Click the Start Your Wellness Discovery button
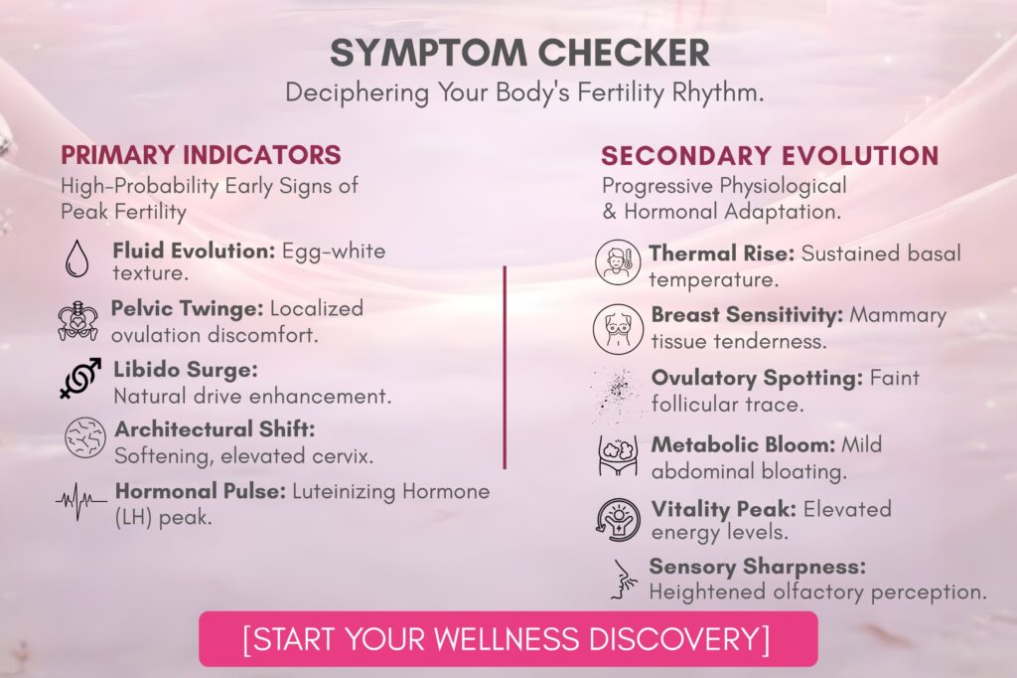point(508,639)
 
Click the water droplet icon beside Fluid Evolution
point(77,258)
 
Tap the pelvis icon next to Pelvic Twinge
point(77,321)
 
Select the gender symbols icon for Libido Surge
point(81,378)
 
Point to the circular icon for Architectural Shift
point(85,438)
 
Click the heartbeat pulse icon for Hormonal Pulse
point(81,501)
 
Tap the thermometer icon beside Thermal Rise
point(618,262)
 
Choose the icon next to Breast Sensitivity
point(618,329)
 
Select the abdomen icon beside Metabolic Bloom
point(618,455)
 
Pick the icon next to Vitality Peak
point(618,520)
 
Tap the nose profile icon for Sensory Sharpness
point(622,580)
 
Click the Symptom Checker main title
point(519,53)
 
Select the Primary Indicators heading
point(201,154)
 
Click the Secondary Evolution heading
point(770,156)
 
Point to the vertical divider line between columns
point(504,367)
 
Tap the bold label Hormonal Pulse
point(201,491)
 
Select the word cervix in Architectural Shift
point(343,456)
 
